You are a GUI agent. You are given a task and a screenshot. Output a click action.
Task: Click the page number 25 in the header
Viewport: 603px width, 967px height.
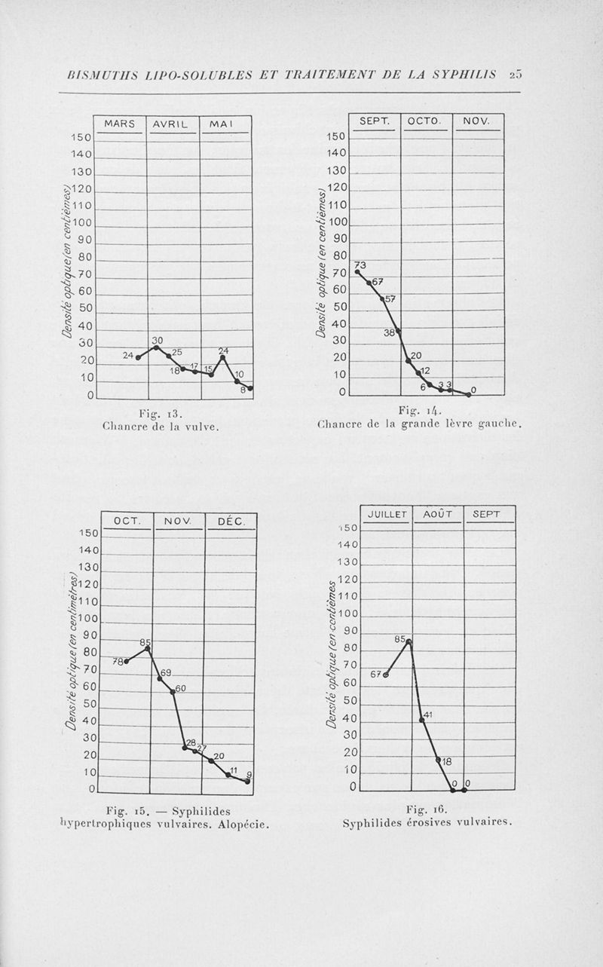pos(516,74)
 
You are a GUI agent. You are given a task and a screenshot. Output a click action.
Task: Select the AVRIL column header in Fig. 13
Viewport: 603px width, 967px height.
pos(173,124)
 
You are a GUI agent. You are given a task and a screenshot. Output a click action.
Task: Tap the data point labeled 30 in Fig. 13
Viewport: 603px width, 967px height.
pos(156,347)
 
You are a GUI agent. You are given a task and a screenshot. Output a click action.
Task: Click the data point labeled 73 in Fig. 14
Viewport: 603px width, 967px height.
pos(357,271)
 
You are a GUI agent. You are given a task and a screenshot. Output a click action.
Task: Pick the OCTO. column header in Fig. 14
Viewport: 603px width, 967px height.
pos(426,121)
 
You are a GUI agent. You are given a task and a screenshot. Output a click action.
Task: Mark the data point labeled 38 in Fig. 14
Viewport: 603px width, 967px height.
pos(398,330)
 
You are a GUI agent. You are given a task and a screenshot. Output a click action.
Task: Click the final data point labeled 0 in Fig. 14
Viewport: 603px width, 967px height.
pos(468,394)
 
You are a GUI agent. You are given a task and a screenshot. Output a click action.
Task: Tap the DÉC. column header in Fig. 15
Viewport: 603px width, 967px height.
pos(231,520)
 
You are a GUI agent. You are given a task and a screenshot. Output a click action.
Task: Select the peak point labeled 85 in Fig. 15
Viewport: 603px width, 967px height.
pos(148,648)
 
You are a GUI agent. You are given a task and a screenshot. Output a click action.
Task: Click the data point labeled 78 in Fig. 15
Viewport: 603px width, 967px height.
pos(127,661)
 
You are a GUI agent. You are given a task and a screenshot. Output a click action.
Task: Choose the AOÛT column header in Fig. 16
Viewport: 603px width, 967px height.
pos(437,514)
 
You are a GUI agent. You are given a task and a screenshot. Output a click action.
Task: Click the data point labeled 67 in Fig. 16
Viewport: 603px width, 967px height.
pos(386,675)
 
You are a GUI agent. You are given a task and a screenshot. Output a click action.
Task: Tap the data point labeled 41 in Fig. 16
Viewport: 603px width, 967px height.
pos(422,720)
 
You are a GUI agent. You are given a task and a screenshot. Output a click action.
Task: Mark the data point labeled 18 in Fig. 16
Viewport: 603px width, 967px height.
pos(438,759)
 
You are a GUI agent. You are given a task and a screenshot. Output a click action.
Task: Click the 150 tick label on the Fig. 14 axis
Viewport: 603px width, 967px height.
pos(336,136)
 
